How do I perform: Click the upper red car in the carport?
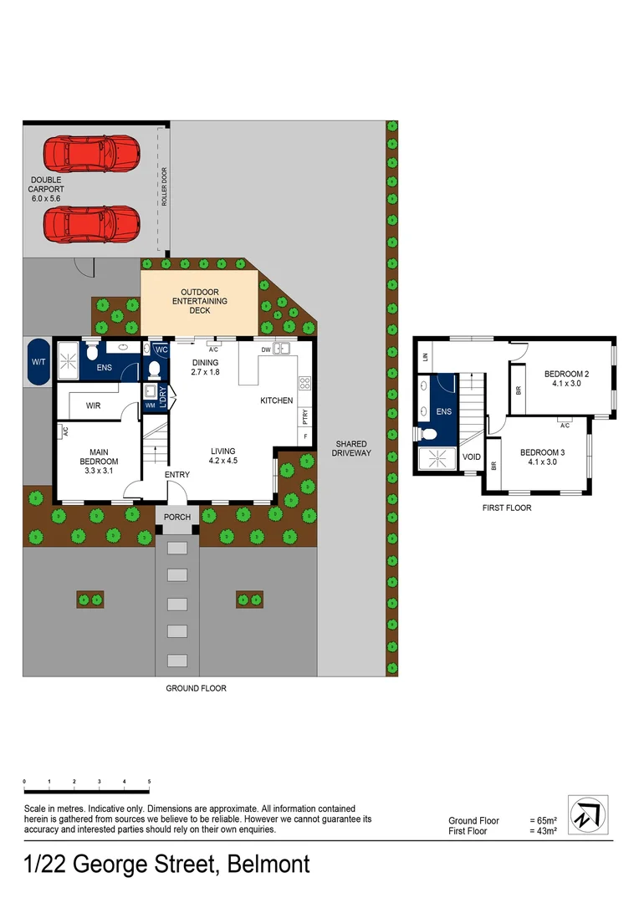pos(91,152)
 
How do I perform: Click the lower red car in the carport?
pos(91,223)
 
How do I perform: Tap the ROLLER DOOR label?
pos(164,185)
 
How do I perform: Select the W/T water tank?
pos(38,362)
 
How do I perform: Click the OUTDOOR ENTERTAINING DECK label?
pos(199,301)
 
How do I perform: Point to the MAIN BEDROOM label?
pos(99,457)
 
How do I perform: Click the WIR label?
pos(94,406)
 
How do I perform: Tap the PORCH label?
pos(177,517)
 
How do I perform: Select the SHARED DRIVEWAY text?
pos(352,448)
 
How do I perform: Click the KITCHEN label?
pos(276,400)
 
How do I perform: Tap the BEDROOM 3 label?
pos(543,457)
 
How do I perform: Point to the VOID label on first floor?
pos(472,457)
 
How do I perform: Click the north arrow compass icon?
pos(589,814)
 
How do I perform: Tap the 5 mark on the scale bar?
pos(149,782)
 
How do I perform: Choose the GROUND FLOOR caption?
pos(196,688)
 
